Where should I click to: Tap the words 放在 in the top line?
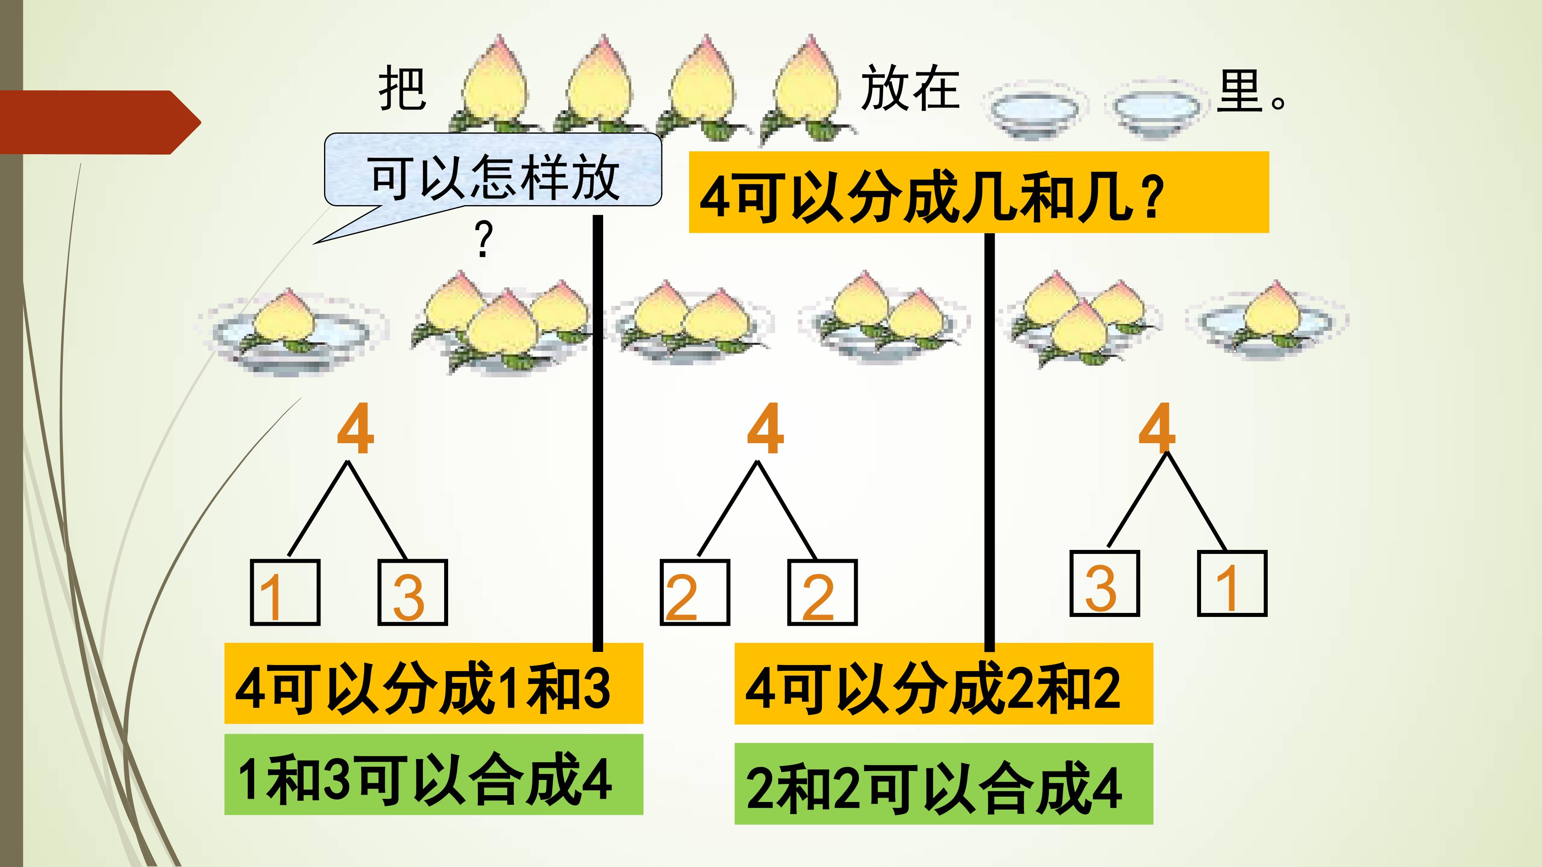(x=910, y=89)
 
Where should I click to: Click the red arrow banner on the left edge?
(x=99, y=122)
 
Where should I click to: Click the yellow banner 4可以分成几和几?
(x=978, y=192)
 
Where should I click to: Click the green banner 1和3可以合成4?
(x=433, y=775)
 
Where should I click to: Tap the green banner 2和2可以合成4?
(x=943, y=784)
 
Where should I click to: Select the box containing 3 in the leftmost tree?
(x=412, y=592)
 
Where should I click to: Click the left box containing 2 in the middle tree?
(x=694, y=592)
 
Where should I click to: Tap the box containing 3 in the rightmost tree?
(x=1104, y=583)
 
